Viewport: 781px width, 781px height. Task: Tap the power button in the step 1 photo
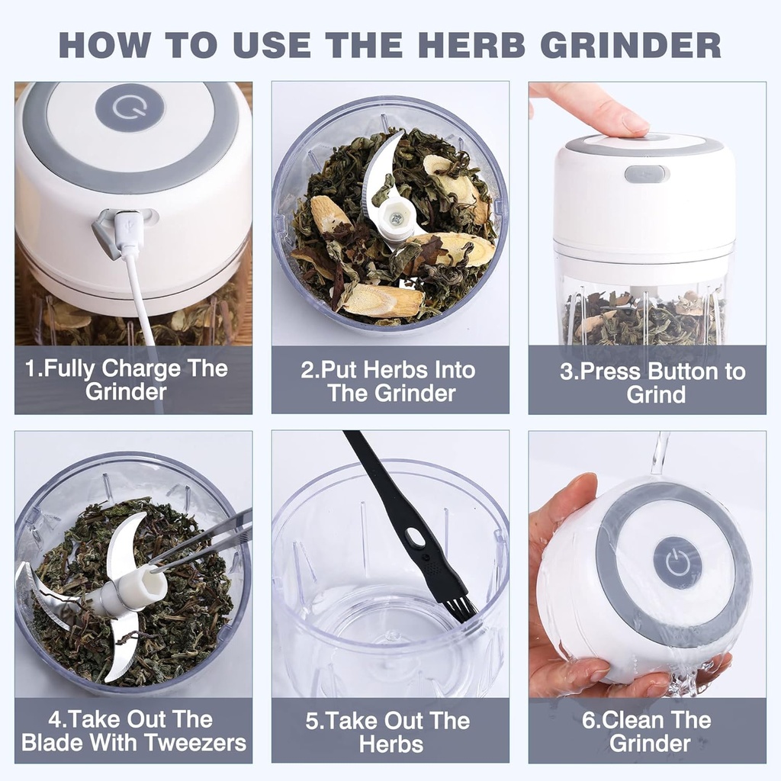pyautogui.click(x=130, y=108)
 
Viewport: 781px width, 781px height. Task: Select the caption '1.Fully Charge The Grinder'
pyautogui.click(x=126, y=380)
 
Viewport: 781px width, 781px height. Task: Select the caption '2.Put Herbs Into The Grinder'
pyautogui.click(x=390, y=381)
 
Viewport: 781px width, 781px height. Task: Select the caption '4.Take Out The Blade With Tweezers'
pyautogui.click(x=133, y=731)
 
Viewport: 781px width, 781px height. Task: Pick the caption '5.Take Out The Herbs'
pyautogui.click(x=390, y=731)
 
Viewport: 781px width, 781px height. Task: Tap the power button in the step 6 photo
pyautogui.click(x=677, y=562)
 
